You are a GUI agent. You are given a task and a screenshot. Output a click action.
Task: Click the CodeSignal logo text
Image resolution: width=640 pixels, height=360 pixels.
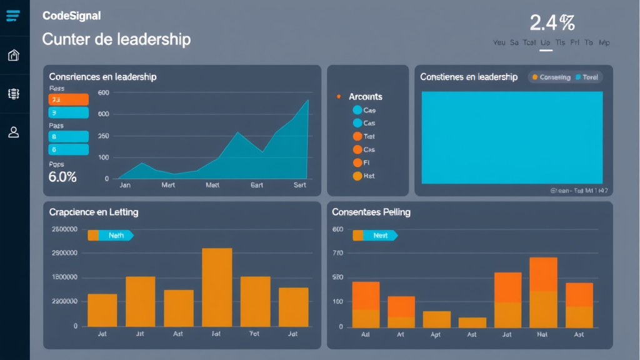[71, 16]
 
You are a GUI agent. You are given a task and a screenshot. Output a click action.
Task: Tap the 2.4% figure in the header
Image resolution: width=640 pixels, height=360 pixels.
[551, 23]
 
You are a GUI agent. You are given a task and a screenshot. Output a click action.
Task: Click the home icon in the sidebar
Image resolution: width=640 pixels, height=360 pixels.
[13, 56]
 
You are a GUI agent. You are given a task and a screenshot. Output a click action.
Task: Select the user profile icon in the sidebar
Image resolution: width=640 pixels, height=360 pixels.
[13, 132]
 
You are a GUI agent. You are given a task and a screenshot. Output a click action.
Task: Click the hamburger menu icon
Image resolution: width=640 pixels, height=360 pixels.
[13, 16]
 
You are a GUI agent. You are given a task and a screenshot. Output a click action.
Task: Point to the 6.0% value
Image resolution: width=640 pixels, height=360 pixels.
[62, 177]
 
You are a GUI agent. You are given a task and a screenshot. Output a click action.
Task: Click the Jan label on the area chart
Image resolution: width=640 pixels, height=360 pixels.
[124, 185]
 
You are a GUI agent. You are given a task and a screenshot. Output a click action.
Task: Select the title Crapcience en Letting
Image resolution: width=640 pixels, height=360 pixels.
[94, 212]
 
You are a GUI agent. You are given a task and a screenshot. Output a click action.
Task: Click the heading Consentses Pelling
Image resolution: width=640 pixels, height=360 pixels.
[371, 212]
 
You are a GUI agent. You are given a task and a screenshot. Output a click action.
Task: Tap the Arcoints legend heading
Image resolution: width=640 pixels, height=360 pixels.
[366, 97]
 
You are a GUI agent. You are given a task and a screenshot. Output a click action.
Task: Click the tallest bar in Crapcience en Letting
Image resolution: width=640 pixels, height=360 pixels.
[217, 287]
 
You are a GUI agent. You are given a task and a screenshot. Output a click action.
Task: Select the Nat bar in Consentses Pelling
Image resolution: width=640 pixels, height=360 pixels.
[543, 292]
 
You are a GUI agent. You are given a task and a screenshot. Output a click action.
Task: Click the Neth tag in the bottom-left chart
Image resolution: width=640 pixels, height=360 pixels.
[116, 236]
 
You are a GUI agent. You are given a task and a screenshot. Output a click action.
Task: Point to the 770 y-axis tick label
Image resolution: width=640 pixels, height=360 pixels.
[338, 253]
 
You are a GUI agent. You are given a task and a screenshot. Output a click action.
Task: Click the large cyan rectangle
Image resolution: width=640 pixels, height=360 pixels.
[512, 137]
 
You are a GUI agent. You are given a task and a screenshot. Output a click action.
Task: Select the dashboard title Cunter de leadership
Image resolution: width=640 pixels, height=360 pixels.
[116, 39]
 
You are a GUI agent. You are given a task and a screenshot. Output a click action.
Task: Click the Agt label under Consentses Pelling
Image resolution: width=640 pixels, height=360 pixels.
[436, 335]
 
